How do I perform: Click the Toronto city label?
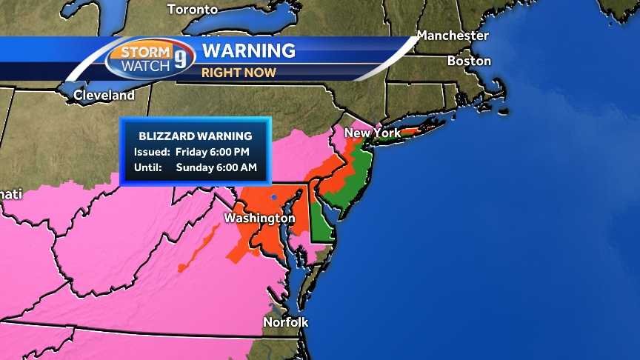(193, 10)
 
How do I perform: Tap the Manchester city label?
(453, 36)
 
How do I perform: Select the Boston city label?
(469, 61)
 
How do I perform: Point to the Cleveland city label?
(104, 96)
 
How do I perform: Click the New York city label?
(373, 133)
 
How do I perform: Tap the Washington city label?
(259, 219)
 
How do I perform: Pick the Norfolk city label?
(286, 322)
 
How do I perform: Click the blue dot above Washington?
(273, 197)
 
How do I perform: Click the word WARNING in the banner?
(249, 51)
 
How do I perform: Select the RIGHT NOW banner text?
(239, 73)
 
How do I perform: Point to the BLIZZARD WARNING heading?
(196, 136)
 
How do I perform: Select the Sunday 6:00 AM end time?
(216, 167)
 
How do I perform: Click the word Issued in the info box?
(151, 152)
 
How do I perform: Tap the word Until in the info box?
(148, 167)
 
